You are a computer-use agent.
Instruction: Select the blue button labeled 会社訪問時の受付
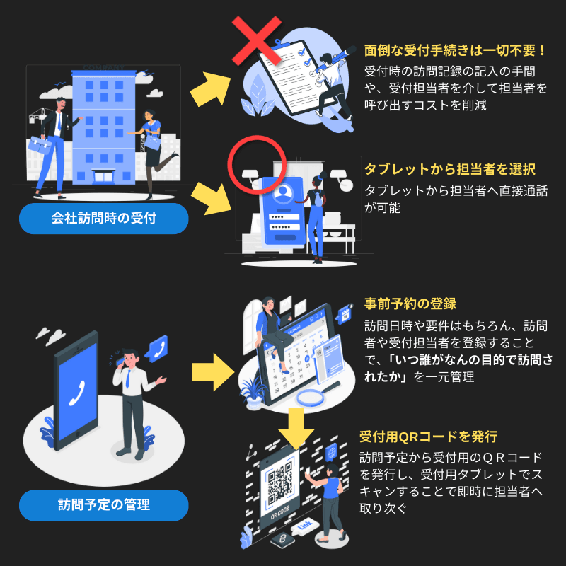tap(103, 219)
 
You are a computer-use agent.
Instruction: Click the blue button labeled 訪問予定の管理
tap(103, 505)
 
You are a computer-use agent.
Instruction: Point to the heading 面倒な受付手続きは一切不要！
tap(456, 51)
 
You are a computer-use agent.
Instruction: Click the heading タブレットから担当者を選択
tap(449, 170)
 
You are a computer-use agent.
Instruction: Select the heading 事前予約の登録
tap(410, 304)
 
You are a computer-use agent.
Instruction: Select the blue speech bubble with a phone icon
tap(156, 349)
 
